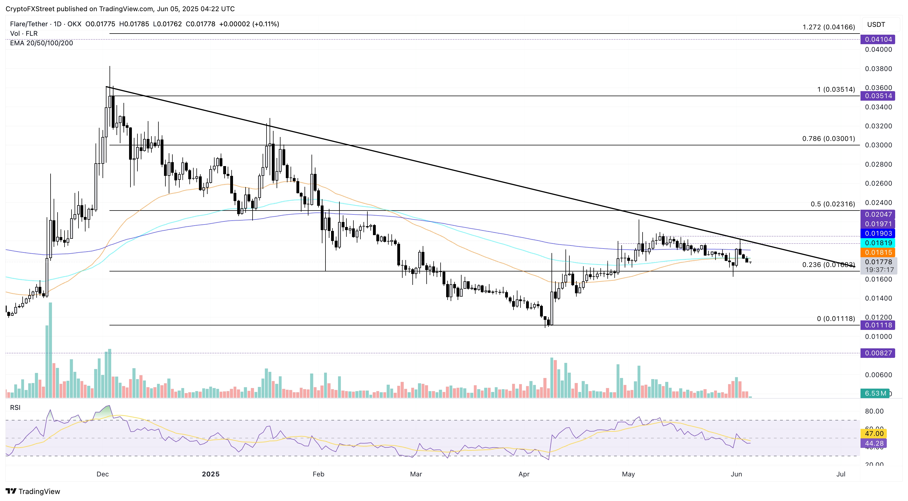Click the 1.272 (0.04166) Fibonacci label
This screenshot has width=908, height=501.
coord(828,27)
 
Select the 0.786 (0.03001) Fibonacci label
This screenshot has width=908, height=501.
coord(828,139)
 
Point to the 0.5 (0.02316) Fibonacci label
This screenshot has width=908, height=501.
coord(833,204)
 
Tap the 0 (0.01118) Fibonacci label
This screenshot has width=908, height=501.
coord(836,319)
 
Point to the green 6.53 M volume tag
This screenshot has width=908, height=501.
coord(876,393)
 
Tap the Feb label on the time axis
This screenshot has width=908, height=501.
coord(318,474)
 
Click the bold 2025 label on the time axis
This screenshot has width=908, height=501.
coord(210,474)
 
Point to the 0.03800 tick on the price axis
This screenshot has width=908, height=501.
coord(878,68)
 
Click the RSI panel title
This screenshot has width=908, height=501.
coord(15,408)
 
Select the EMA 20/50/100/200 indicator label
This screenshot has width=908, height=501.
coord(41,43)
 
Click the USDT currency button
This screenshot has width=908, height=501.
coord(876,24)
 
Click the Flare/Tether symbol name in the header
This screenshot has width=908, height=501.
coord(29,24)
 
